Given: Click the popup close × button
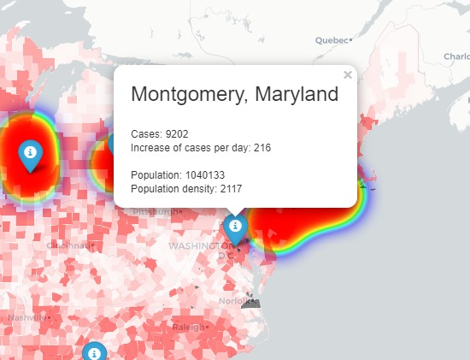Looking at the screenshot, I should (x=348, y=75).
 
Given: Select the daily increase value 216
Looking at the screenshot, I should (x=262, y=148).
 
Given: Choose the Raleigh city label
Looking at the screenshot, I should (x=187, y=327).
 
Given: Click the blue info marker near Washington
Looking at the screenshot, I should (x=235, y=227).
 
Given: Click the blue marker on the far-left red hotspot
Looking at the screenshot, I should (x=30, y=152).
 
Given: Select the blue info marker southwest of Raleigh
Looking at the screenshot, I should (x=95, y=352).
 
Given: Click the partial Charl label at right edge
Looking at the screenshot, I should (x=456, y=56).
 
